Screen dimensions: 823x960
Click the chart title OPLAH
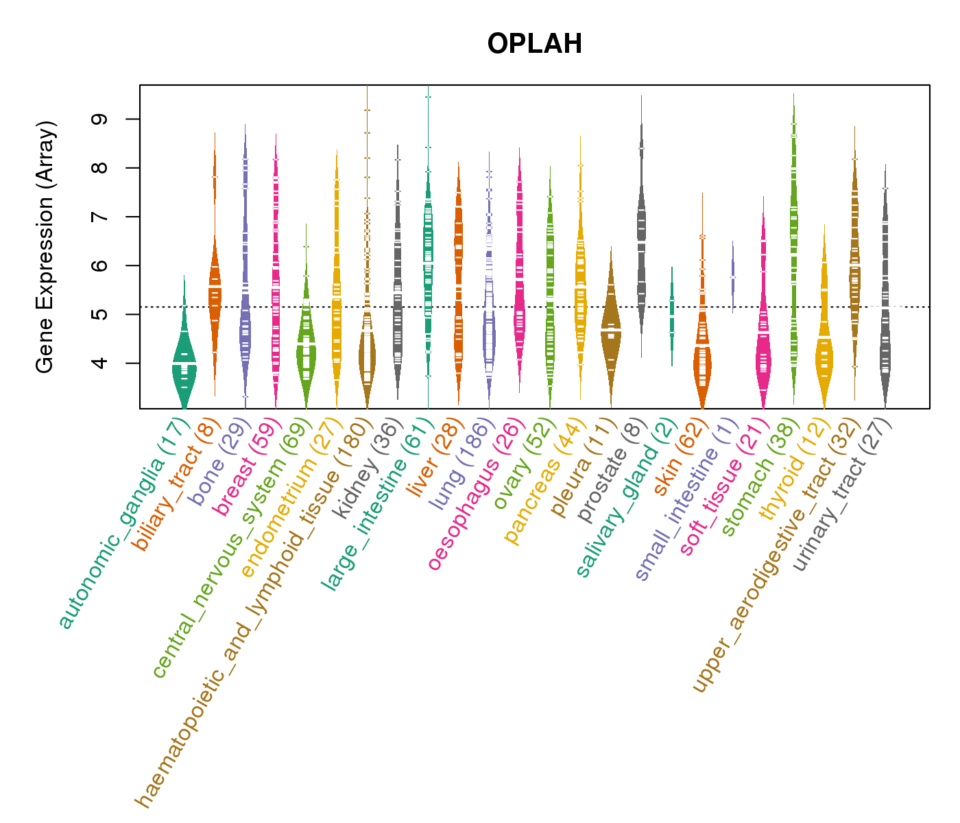[x=535, y=44]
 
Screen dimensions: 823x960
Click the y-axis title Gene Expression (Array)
[x=45, y=247]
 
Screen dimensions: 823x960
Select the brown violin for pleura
[x=611, y=329]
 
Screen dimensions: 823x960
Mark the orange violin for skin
[x=702, y=363]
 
